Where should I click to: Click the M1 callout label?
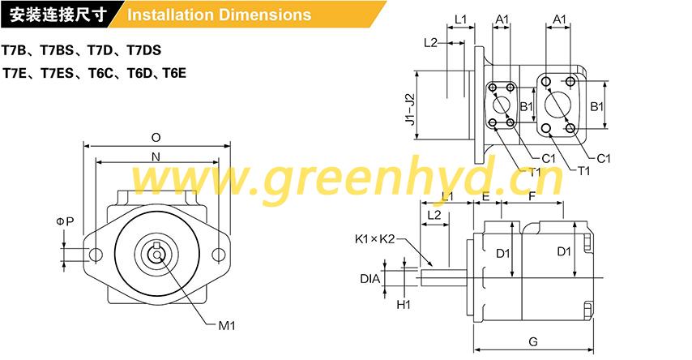pos(227,326)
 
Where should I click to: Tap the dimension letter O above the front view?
pos(156,138)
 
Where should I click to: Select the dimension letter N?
pos(156,156)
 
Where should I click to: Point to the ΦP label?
pos(65,221)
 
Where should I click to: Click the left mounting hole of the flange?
pos(96,255)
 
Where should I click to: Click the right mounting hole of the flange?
pos(219,255)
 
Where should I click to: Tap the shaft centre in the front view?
pos(156,255)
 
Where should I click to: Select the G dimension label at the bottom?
pos(533,341)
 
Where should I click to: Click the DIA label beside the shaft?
pos(369,279)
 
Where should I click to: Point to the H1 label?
pos(404,304)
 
